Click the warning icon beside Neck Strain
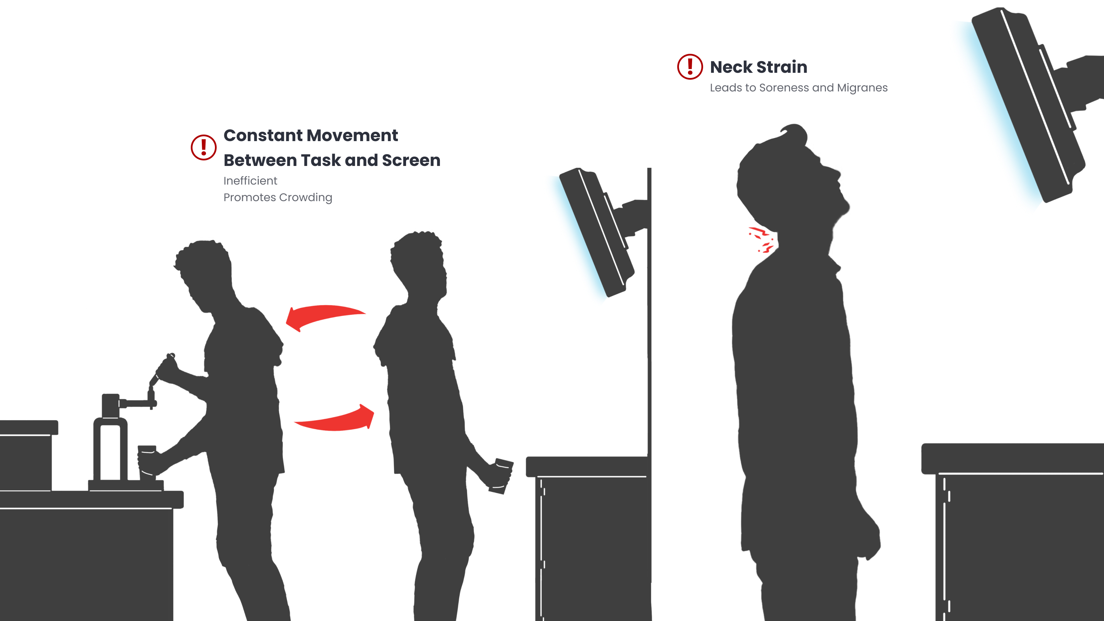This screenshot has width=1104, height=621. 690,67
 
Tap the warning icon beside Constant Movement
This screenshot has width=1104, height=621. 204,147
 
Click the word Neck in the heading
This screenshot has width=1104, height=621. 731,67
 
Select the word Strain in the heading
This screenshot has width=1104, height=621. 782,67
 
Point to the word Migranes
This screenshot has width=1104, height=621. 862,88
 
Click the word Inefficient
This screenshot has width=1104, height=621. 250,181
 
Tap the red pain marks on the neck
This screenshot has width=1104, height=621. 761,239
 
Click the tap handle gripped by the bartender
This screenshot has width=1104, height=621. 162,369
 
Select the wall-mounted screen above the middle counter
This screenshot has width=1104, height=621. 596,232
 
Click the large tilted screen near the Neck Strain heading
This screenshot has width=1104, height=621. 1028,105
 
